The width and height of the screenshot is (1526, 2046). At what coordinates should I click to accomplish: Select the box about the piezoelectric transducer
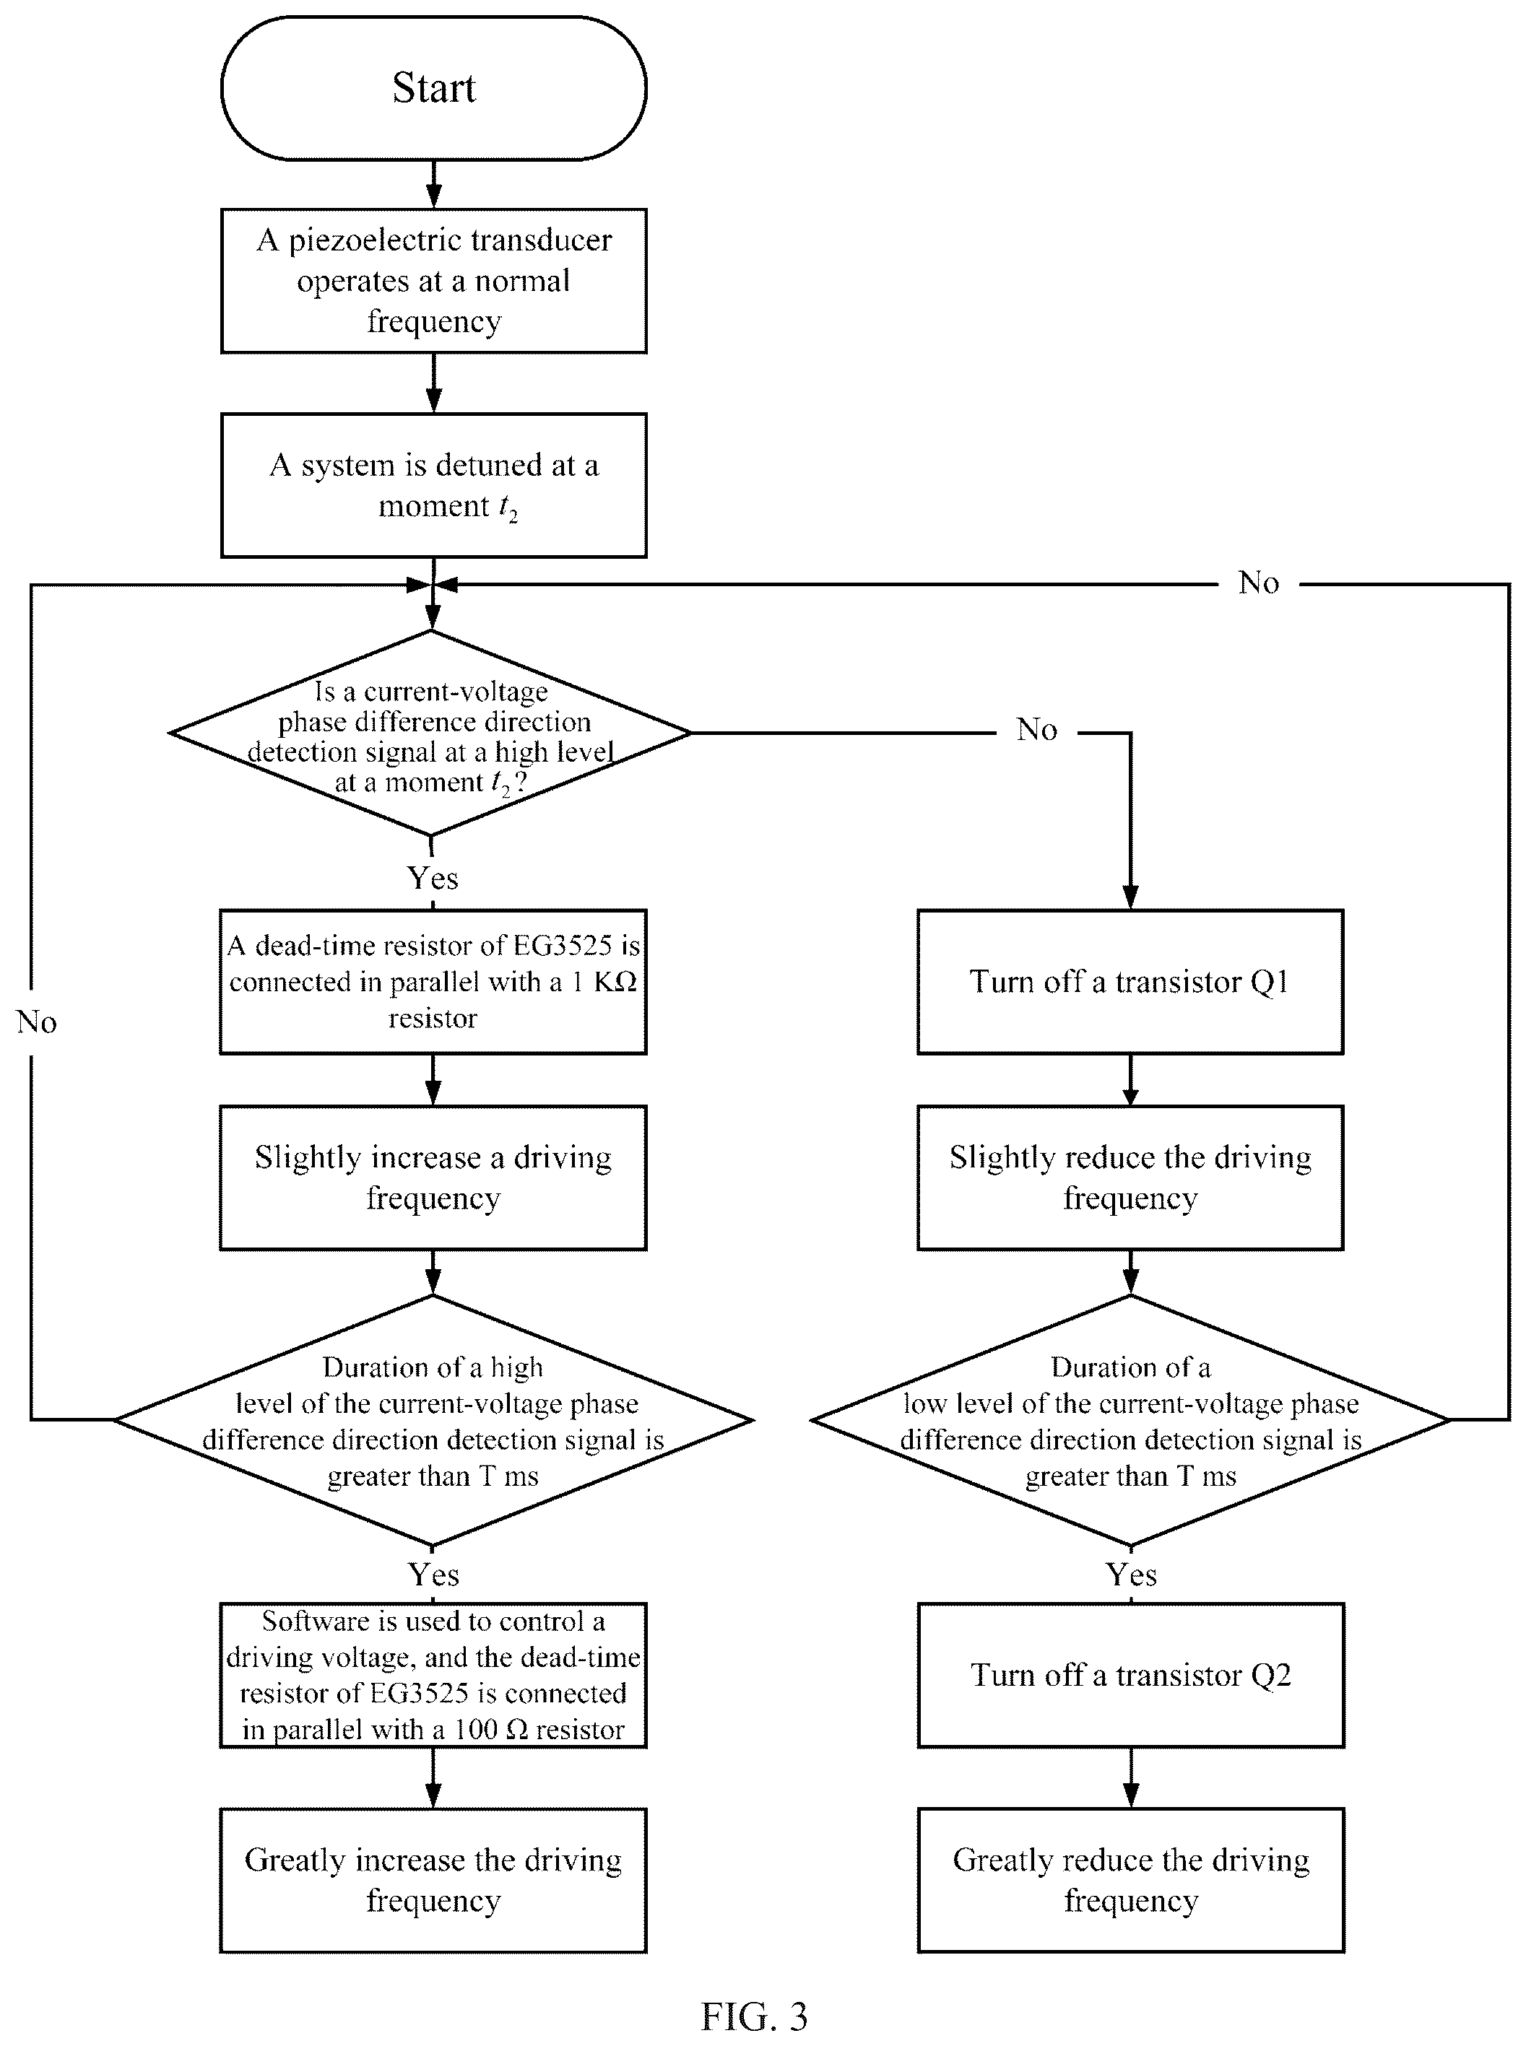[433, 281]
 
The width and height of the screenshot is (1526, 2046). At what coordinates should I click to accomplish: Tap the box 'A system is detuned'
[433, 486]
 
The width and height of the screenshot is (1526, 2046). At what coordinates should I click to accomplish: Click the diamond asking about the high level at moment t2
[430, 733]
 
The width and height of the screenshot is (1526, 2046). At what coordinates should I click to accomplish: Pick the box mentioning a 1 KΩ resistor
[433, 981]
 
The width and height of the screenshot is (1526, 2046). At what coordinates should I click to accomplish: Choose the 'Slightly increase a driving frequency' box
[433, 1177]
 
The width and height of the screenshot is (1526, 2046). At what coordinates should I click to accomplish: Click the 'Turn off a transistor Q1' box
[1130, 981]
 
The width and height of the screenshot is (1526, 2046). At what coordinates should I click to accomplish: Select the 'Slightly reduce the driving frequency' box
[1130, 1177]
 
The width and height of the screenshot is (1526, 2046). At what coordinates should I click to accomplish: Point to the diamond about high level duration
[433, 1420]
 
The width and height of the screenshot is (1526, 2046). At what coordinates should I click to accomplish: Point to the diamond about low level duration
[1130, 1420]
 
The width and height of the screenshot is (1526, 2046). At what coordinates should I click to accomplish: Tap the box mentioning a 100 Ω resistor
[433, 1675]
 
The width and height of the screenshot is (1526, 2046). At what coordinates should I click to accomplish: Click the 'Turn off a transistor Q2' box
[1131, 1675]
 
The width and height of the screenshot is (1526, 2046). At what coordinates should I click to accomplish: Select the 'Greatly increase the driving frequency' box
[433, 1880]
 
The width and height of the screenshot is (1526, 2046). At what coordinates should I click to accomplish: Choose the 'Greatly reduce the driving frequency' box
[1131, 1880]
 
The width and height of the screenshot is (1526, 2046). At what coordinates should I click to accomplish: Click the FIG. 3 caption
[754, 2017]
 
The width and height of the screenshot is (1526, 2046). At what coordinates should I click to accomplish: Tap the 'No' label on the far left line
[37, 1022]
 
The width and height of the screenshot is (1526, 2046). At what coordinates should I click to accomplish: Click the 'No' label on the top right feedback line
[1259, 583]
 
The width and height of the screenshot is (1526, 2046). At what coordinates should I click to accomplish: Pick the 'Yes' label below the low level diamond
[1132, 1574]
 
